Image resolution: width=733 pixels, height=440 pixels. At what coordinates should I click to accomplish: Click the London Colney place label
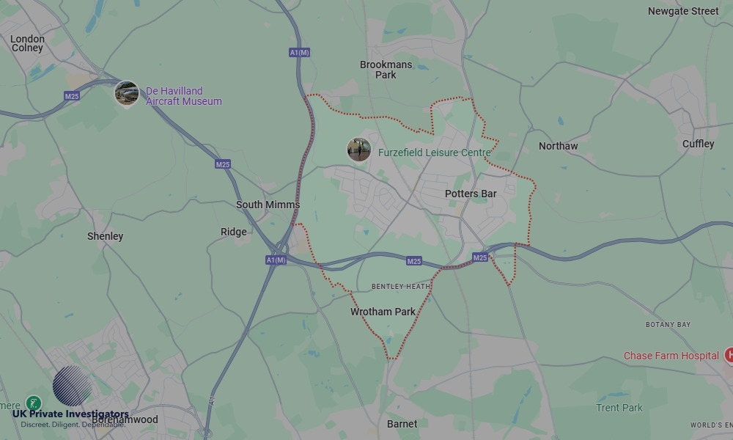28,43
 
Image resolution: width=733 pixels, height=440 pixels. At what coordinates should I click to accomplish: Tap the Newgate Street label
683,11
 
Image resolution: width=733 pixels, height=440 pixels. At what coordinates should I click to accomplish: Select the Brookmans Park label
386,70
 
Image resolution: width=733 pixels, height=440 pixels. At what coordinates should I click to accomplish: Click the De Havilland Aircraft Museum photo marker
127,93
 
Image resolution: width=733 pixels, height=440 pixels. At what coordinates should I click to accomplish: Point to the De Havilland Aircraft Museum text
183,96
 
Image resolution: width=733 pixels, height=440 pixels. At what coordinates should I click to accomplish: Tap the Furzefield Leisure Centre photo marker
358,150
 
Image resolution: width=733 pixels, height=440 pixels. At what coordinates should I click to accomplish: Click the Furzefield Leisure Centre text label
434,153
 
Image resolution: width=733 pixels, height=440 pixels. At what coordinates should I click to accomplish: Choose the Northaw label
558,146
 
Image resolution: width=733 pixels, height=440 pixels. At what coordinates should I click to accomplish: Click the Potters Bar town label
471,194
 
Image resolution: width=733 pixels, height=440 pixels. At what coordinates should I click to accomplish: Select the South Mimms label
268,205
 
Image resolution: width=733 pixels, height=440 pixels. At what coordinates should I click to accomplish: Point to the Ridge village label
234,232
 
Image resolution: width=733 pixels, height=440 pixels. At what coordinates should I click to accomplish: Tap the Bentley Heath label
401,286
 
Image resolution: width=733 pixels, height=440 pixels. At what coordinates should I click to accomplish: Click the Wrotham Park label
383,312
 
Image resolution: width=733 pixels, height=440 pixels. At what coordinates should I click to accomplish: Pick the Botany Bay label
668,324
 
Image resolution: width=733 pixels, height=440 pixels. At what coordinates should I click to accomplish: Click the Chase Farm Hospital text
671,356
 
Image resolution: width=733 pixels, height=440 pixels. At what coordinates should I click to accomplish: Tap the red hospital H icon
729,356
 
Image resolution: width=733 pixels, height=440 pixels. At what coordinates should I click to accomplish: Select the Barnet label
402,424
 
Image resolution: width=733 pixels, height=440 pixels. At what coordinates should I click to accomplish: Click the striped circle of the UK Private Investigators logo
73,386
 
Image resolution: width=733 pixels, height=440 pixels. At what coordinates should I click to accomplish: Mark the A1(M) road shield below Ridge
276,260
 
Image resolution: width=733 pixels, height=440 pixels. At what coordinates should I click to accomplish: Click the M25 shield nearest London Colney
72,96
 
